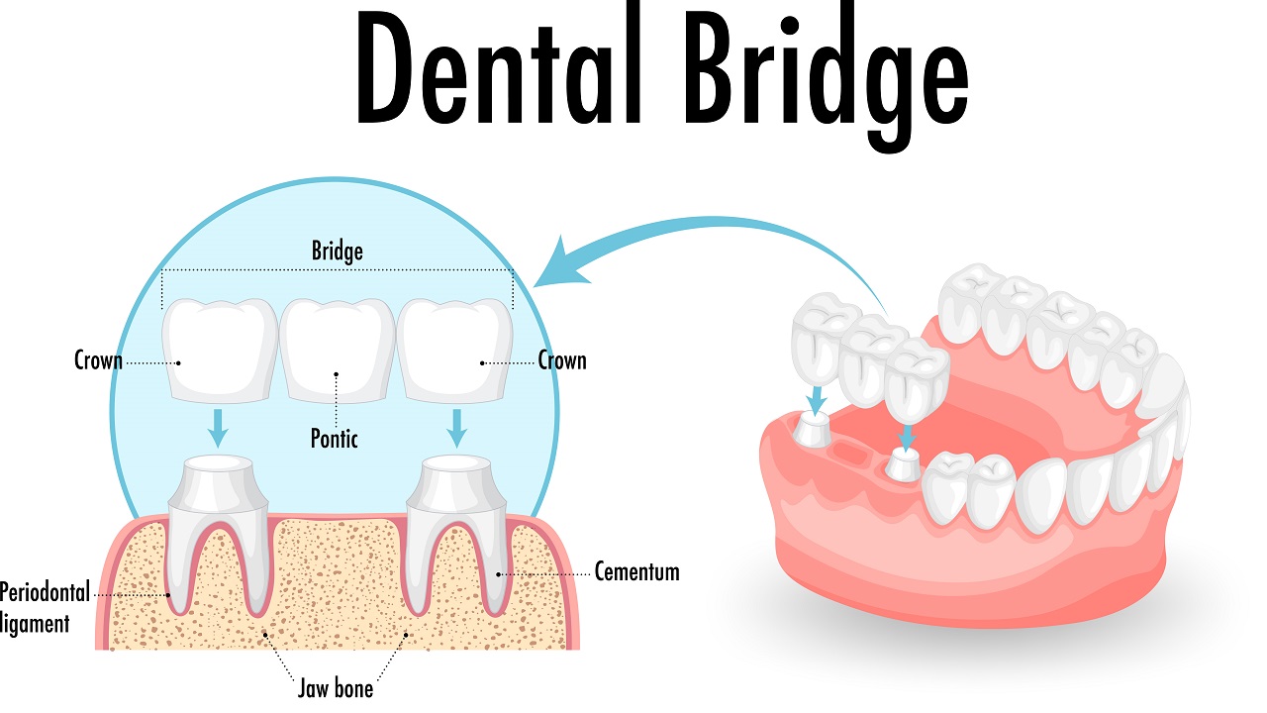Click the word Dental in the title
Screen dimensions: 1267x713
(499, 65)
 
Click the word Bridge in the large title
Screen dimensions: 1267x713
(827, 76)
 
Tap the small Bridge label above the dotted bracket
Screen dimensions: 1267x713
(338, 251)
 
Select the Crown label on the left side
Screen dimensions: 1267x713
(98, 360)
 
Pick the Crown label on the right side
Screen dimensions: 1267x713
(562, 360)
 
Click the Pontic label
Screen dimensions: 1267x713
(335, 439)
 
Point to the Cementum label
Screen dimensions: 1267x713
(636, 572)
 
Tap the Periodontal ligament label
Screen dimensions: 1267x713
(45, 608)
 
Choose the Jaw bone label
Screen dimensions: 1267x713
(336, 688)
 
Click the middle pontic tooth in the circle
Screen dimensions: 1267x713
(338, 351)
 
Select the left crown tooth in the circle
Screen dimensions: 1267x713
(220, 351)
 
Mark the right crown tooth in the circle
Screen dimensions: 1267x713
(455, 351)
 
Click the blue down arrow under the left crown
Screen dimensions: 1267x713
(218, 429)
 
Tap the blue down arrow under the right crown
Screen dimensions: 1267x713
(456, 429)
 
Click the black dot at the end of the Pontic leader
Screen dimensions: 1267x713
(336, 374)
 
